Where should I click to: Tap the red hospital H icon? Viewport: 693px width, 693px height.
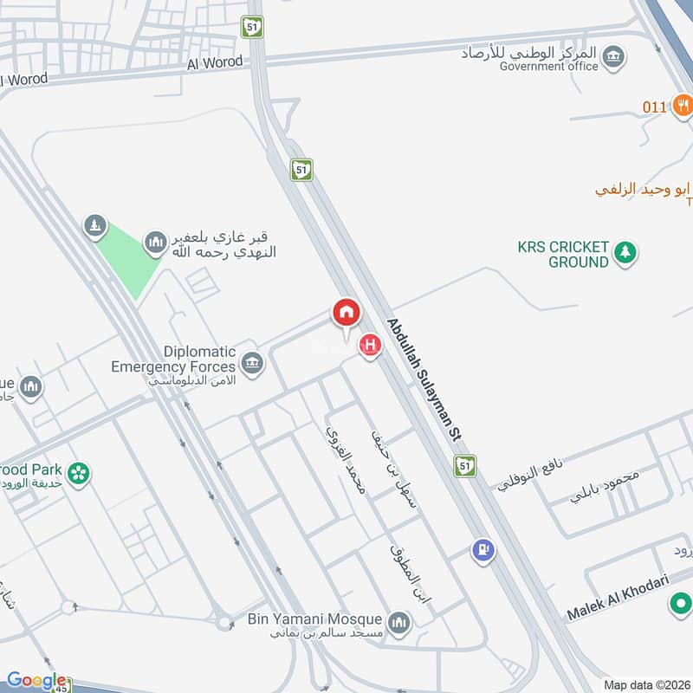371,346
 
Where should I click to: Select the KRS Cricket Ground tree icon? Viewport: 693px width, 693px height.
625,253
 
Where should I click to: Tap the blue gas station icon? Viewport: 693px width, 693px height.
482,549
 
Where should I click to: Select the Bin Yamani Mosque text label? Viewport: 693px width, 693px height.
314,619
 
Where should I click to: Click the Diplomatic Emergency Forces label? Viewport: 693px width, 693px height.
173,359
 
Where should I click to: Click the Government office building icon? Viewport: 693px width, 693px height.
614,58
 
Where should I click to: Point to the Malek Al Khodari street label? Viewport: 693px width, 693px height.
619,600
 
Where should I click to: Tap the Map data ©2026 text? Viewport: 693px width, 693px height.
646,684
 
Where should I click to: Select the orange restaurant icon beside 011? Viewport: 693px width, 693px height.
681,107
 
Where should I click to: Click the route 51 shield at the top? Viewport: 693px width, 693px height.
251,27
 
